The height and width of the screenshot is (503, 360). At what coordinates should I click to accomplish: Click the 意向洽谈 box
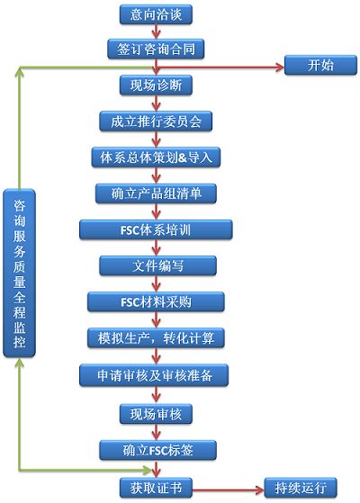[x=156, y=14]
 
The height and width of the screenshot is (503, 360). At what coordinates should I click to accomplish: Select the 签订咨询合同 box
[x=156, y=49]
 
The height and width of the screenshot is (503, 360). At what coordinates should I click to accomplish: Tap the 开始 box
[x=320, y=65]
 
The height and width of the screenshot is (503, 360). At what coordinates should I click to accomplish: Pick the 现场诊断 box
[x=156, y=85]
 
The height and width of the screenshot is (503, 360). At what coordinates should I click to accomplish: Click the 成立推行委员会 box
[x=156, y=121]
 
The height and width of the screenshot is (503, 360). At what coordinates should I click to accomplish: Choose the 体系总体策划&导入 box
[x=156, y=157]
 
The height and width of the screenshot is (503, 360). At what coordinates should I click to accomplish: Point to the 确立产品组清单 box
[x=156, y=193]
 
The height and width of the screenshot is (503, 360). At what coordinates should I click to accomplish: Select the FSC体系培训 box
[x=156, y=229]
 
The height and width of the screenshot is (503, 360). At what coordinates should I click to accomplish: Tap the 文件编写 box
[x=157, y=265]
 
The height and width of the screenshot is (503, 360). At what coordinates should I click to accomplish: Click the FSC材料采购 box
[x=156, y=301]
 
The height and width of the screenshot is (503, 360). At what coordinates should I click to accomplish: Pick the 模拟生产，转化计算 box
[x=156, y=337]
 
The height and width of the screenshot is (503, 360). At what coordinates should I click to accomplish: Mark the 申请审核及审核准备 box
[x=154, y=375]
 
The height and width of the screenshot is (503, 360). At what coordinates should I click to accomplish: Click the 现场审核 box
[x=156, y=414]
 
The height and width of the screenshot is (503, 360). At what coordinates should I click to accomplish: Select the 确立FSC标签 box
[x=157, y=450]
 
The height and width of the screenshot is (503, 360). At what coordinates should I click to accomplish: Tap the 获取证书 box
[x=156, y=488]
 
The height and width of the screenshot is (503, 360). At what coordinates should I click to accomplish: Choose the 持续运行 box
[x=301, y=488]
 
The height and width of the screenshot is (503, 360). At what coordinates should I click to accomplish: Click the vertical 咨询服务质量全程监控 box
[x=19, y=273]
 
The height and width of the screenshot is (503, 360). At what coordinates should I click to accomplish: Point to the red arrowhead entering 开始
[x=280, y=67]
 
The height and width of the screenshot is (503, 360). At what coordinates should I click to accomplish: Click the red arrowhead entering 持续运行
[x=260, y=490]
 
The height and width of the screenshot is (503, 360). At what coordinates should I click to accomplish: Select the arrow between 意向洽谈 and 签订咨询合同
[x=157, y=31]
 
